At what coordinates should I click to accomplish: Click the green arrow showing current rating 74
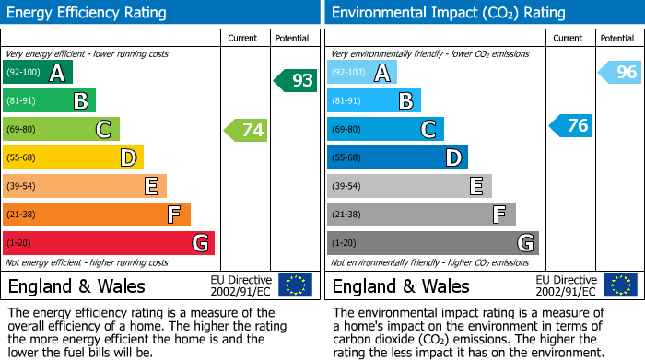[246, 130]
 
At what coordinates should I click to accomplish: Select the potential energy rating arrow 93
[296, 80]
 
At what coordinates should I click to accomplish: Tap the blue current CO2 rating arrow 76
[571, 126]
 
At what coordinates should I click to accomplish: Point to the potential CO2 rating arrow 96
[620, 72]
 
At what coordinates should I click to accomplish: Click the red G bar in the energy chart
[109, 243]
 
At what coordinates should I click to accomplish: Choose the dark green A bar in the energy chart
[38, 73]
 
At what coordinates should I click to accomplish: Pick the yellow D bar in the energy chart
[73, 158]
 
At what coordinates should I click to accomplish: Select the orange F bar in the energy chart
[97, 215]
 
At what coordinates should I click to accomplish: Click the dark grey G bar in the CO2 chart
[432, 243]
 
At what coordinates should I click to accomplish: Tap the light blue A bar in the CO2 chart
[362, 73]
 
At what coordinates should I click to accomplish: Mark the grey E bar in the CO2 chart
[409, 186]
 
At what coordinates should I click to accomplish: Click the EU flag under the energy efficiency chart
[295, 285]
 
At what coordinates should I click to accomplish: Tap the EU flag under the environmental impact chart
[621, 285]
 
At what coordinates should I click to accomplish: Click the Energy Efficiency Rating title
[88, 13]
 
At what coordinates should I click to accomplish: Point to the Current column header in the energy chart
[244, 38]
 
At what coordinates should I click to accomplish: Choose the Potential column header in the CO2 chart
[616, 38]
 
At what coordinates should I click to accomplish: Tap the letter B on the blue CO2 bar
[405, 101]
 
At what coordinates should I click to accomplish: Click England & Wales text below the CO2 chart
[400, 286]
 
